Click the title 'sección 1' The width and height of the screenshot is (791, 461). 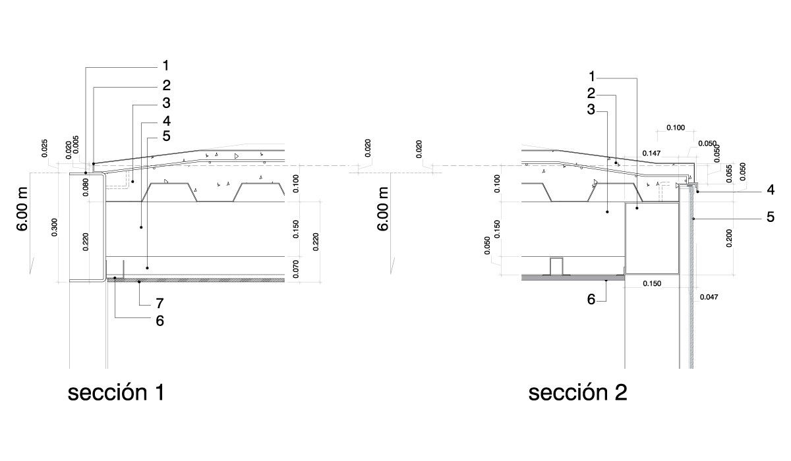click(116, 393)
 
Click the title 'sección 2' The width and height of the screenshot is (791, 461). click(577, 393)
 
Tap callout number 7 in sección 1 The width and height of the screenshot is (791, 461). click(160, 304)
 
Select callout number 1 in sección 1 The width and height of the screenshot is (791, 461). click(165, 66)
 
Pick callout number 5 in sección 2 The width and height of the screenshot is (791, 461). click(771, 217)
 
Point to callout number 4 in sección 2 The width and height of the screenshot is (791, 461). click(771, 190)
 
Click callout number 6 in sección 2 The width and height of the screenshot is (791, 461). click(591, 300)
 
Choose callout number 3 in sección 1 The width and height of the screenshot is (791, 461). click(166, 103)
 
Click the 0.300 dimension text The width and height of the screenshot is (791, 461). click(54, 227)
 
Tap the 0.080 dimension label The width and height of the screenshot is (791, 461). click(86, 187)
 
